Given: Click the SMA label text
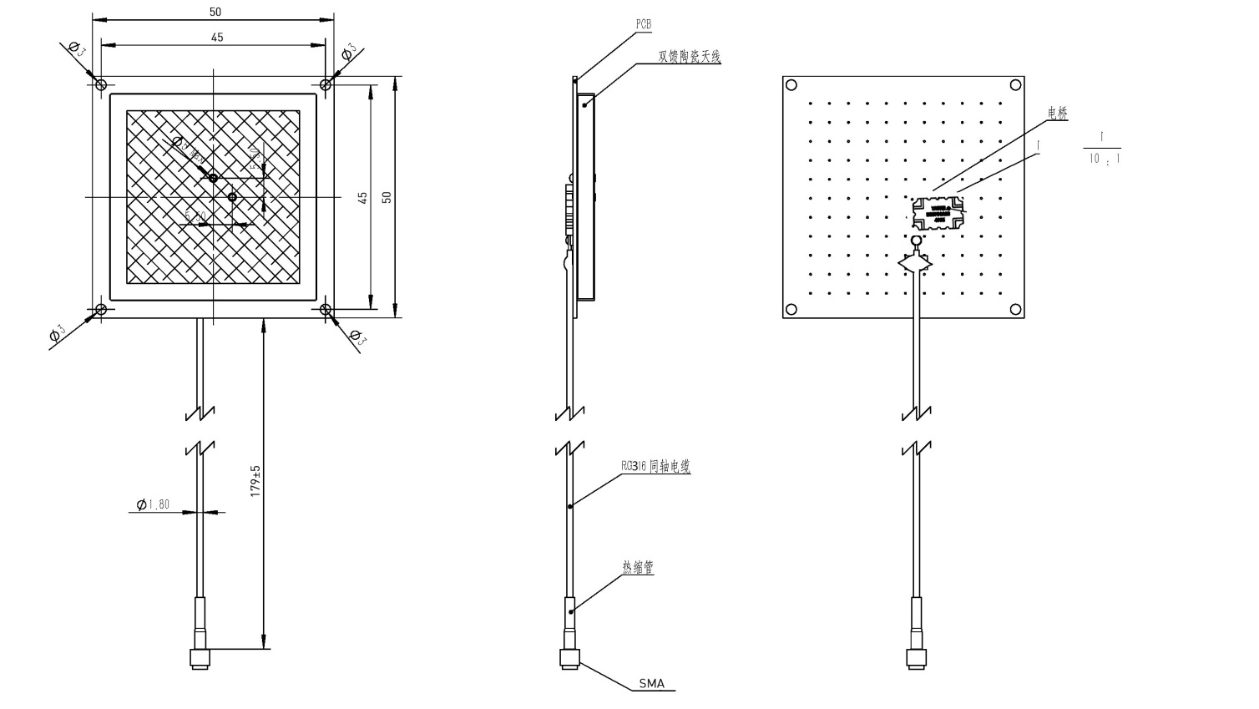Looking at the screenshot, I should click(x=651, y=683).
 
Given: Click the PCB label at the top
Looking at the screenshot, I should click(x=643, y=25).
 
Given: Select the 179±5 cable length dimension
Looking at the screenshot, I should click(x=256, y=482).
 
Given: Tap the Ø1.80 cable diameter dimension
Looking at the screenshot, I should click(x=154, y=504).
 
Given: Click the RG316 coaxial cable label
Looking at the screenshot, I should click(x=655, y=467).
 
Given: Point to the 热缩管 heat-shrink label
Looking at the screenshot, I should click(x=637, y=568).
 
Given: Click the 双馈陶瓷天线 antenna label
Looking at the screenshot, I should click(x=689, y=57).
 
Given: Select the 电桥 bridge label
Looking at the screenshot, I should click(x=1057, y=113).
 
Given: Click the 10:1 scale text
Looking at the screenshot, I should click(x=1103, y=159).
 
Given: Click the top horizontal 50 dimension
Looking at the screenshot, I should click(x=215, y=12).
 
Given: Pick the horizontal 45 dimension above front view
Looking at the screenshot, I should click(x=216, y=37).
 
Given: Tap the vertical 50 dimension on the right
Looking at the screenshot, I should click(x=387, y=197).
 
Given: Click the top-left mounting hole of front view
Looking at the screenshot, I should click(x=101, y=84).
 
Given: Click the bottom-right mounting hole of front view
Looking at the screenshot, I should click(x=326, y=310).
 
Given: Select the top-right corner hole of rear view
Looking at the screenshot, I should click(x=1015, y=84).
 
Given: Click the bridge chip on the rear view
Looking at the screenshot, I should click(x=935, y=214).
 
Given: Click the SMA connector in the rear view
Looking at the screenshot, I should click(x=917, y=657).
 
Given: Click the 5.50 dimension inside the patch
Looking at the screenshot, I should click(x=195, y=215).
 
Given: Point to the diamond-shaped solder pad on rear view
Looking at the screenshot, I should click(x=916, y=263).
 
